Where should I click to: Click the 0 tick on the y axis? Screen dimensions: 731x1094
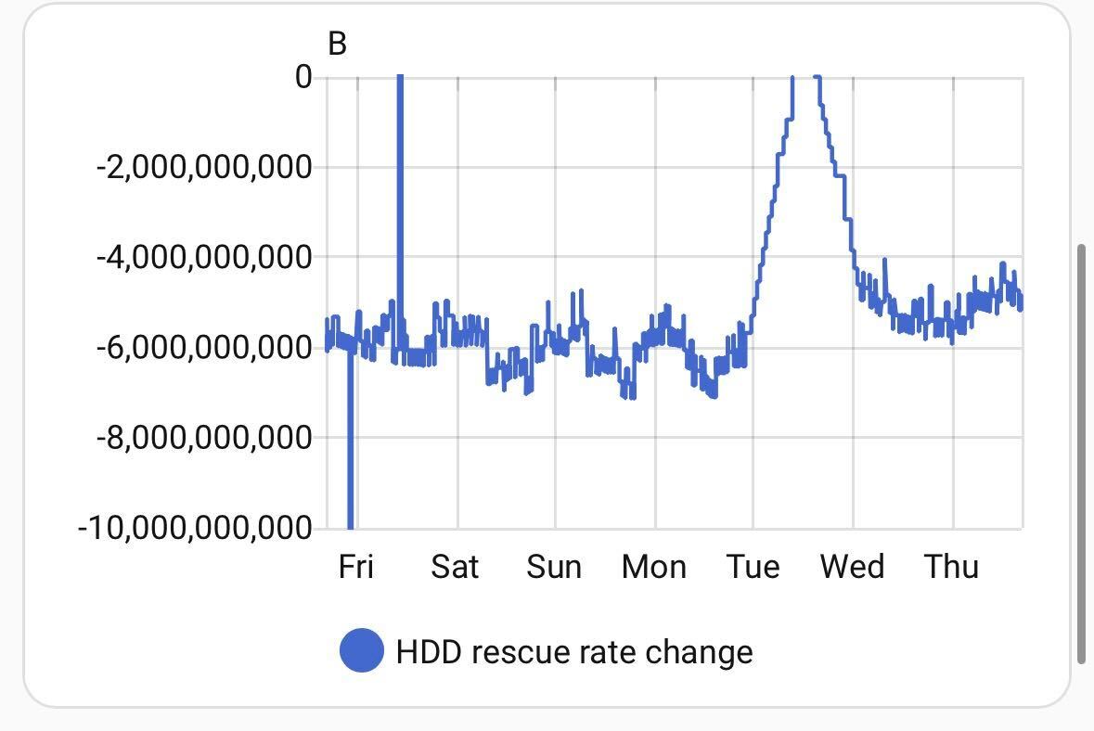click(303, 77)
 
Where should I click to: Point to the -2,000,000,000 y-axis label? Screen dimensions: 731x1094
click(204, 168)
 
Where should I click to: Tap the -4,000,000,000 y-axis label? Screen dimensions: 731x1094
click(204, 257)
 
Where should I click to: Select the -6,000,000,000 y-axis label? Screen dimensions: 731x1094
click(204, 348)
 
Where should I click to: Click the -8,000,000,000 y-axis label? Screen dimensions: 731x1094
click(204, 437)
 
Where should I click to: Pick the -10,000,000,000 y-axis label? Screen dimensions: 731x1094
click(195, 528)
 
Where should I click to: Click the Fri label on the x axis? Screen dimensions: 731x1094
click(356, 566)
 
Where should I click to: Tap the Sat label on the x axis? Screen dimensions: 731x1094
click(455, 566)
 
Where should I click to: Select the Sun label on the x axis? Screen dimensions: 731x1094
click(554, 566)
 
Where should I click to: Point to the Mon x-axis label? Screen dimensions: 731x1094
click(654, 566)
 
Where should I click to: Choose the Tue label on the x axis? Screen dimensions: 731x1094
click(753, 566)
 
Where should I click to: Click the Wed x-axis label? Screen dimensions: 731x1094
click(852, 566)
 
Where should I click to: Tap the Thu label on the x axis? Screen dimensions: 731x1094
click(951, 566)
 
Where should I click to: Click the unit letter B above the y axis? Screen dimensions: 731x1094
click(337, 44)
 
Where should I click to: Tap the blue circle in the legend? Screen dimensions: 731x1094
click(362, 650)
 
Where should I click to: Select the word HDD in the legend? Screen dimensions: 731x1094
click(429, 651)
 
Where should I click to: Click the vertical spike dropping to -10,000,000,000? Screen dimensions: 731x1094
click(350, 445)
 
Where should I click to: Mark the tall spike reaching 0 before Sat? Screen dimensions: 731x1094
click(400, 186)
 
